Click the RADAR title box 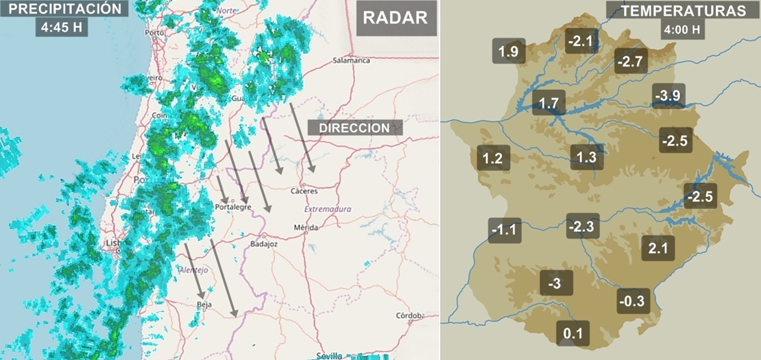tap(395, 18)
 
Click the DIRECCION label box tap(354, 128)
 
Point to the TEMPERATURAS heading tap(683, 11)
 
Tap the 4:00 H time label tap(682, 30)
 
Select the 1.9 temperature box tap(509, 51)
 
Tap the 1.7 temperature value tap(549, 104)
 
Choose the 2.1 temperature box tap(657, 248)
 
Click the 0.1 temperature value tap(572, 334)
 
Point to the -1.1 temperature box tap(505, 230)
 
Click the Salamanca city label tap(351, 60)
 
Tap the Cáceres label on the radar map tap(304, 191)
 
